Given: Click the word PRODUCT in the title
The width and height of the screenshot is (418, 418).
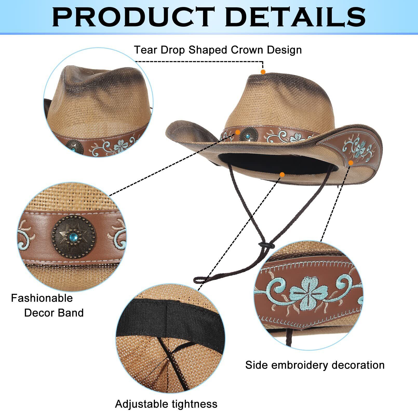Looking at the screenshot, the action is [133, 17].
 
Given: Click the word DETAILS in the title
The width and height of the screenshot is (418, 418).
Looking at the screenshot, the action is [295, 17].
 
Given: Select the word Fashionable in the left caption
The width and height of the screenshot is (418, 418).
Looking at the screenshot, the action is [42, 298].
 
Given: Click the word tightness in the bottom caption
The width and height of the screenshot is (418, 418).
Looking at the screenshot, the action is [194, 404].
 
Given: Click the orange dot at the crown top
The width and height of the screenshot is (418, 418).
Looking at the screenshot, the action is [263, 72].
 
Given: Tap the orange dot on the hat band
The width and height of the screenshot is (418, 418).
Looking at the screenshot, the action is [238, 132].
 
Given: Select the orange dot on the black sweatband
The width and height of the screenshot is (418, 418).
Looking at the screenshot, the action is [282, 174].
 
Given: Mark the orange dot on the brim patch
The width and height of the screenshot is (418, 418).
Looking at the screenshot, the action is [351, 163].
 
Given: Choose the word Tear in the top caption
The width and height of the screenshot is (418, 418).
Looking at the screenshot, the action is [146, 50].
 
